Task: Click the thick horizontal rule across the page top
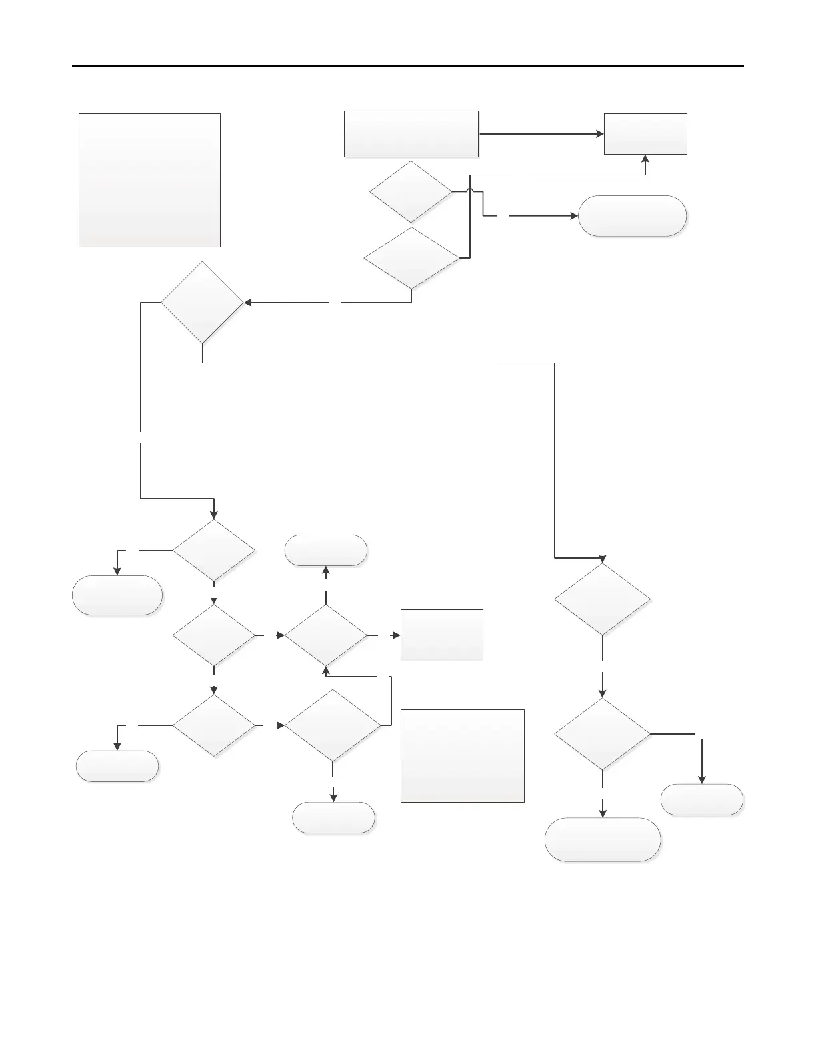coord(407,67)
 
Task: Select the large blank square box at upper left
coord(149,180)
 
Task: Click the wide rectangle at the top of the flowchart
coord(411,134)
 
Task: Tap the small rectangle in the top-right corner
coord(645,134)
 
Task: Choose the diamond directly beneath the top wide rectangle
coord(411,191)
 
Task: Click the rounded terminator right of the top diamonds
coord(632,216)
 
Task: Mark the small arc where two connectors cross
coord(470,191)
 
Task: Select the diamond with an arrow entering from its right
coord(203,303)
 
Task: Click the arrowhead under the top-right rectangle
coord(645,159)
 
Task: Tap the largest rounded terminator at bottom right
coord(603,839)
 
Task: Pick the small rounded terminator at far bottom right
coord(701,799)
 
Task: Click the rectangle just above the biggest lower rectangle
coord(441,635)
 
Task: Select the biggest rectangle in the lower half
coord(462,755)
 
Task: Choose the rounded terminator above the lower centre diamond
coord(326,551)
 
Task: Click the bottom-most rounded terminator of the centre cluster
coord(333,817)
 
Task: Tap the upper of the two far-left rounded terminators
coord(117,595)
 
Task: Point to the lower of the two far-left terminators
coord(117,766)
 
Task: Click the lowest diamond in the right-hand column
coord(603,734)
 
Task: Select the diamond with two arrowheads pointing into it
coord(326,635)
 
